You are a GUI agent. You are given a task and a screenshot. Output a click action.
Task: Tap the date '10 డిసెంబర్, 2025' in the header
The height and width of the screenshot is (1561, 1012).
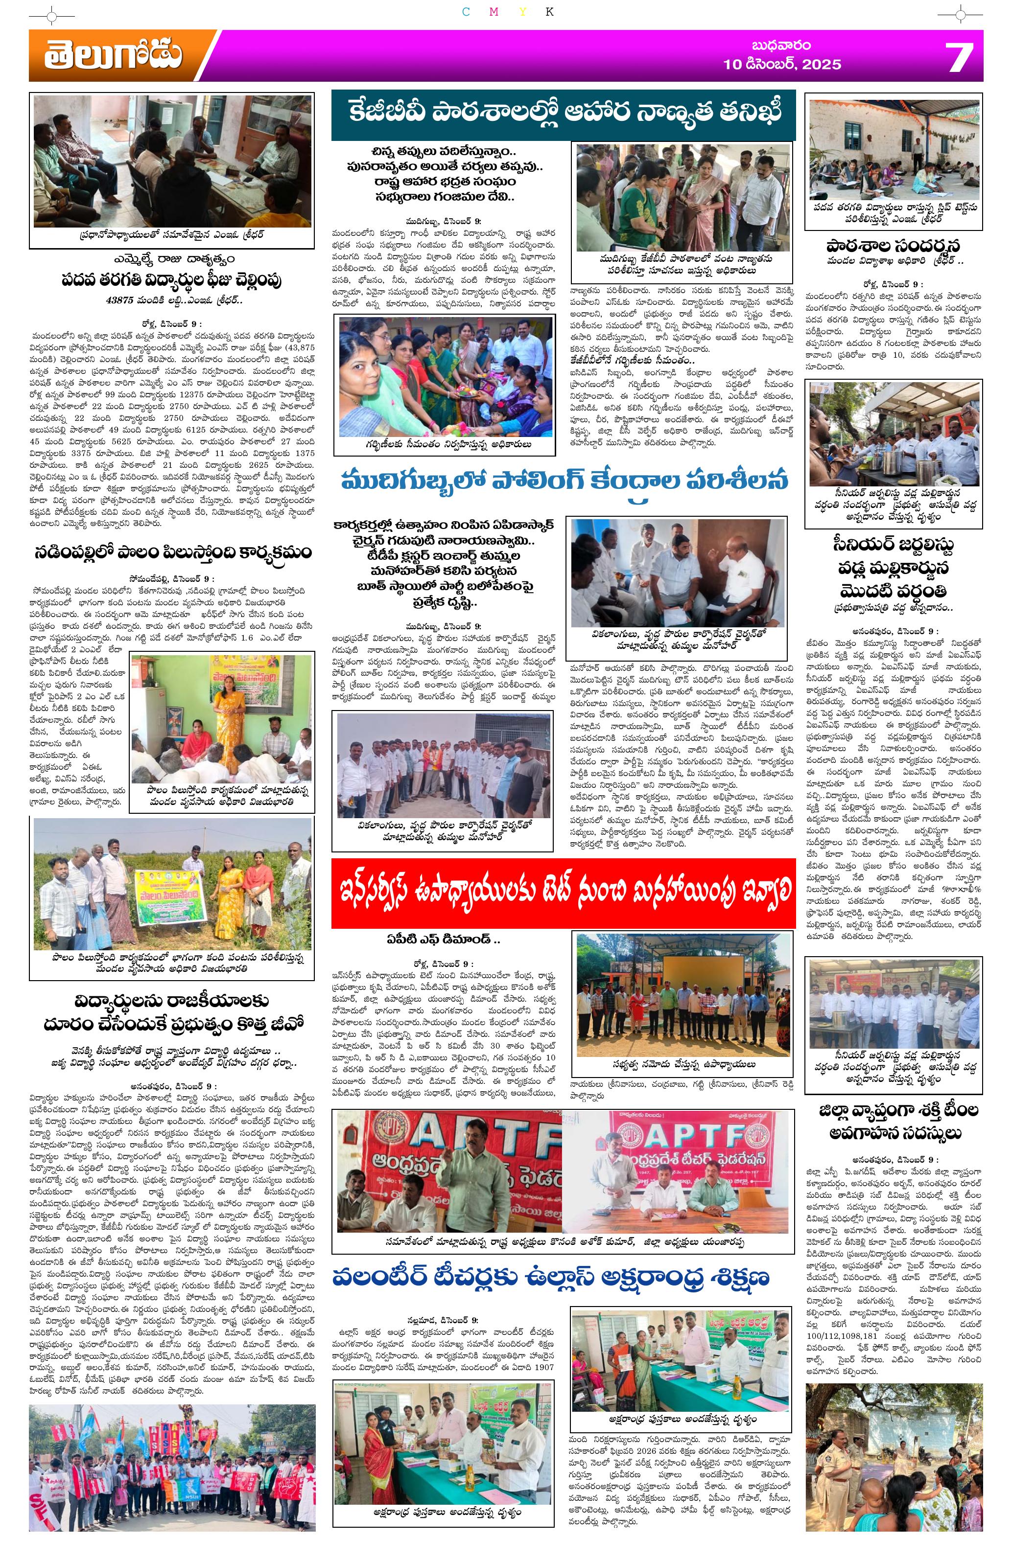click(x=781, y=64)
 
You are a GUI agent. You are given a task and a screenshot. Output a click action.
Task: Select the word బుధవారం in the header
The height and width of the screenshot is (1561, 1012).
click(x=781, y=46)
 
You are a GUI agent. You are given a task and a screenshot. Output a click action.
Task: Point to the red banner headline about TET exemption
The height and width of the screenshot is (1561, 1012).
click(x=563, y=892)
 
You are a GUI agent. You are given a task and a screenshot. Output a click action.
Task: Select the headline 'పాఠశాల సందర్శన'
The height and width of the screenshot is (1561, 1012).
click(x=893, y=246)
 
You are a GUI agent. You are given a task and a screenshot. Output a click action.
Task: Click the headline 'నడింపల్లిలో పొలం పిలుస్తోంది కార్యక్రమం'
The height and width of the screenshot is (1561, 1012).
click(x=172, y=552)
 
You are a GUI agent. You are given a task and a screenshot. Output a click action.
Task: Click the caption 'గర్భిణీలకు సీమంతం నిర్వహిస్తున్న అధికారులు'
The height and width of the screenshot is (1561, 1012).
click(x=444, y=444)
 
